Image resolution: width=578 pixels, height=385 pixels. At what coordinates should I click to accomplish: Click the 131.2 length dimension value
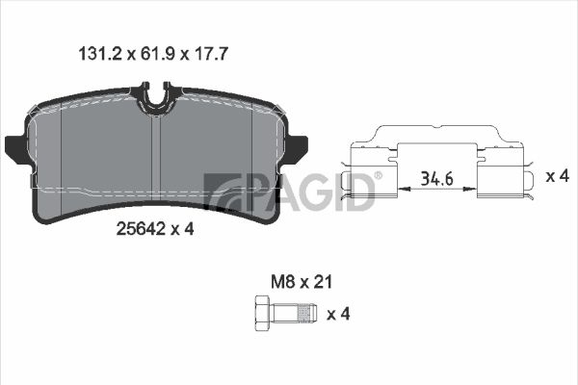pyautogui.click(x=100, y=54)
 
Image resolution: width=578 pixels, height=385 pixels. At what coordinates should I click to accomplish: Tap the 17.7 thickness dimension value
pyautogui.click(x=211, y=54)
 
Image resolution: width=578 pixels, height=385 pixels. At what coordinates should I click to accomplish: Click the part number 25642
pyautogui.click(x=141, y=229)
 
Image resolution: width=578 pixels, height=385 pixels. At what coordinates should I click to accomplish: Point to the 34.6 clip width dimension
pyautogui.click(x=437, y=179)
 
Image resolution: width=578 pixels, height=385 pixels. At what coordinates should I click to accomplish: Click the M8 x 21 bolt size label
pyautogui.click(x=302, y=282)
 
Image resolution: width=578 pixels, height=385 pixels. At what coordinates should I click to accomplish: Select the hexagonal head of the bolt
pyautogui.click(x=263, y=314)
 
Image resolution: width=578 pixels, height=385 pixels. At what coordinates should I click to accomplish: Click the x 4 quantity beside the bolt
pyautogui.click(x=338, y=314)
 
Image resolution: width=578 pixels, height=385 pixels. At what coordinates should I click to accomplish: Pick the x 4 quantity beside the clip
pyautogui.click(x=558, y=176)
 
